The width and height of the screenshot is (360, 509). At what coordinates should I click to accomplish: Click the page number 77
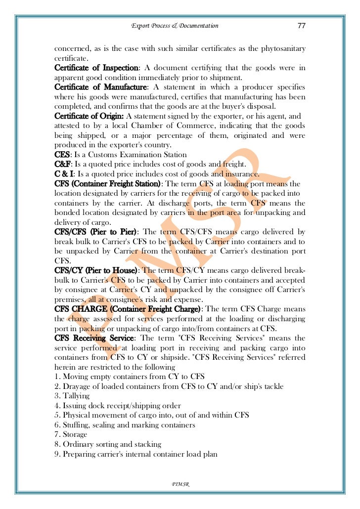[x=301, y=26]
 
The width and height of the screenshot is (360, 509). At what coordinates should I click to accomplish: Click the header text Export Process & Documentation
[x=175, y=26]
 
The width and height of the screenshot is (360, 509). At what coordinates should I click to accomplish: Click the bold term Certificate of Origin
[x=90, y=116]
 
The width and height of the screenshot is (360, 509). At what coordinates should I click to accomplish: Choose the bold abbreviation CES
[x=62, y=155]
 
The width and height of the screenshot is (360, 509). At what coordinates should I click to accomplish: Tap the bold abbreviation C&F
[x=63, y=164]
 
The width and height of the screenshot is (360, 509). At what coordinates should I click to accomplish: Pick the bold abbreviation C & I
[x=64, y=174]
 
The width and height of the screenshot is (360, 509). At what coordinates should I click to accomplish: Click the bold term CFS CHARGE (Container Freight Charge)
[x=128, y=309]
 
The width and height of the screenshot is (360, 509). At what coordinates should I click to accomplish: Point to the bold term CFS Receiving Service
[x=94, y=338]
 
